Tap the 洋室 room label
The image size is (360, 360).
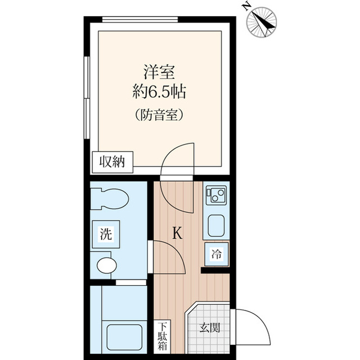tap(160, 73)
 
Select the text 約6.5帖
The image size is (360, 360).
tap(160, 92)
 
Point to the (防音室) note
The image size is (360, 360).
tap(160, 116)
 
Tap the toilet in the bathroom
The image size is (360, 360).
tap(110, 198)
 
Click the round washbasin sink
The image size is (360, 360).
tap(106, 264)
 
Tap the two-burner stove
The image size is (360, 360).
tap(215, 196)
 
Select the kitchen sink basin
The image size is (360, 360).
tap(217, 226)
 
